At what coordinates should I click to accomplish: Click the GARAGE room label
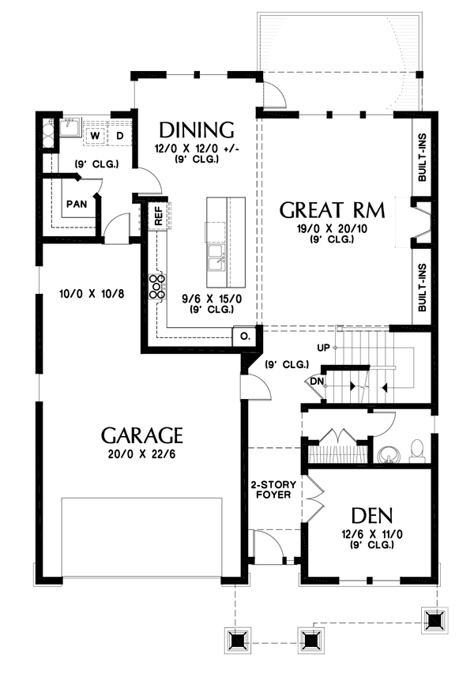click(142, 435)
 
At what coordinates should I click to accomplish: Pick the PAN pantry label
click(76, 204)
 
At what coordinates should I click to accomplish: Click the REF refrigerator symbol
click(158, 217)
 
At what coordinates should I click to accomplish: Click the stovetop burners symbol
click(154, 286)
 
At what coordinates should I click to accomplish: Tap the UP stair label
click(322, 348)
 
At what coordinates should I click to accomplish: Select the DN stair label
click(316, 381)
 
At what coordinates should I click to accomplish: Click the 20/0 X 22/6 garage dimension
click(142, 457)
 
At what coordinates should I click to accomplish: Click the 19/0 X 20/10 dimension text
click(333, 228)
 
